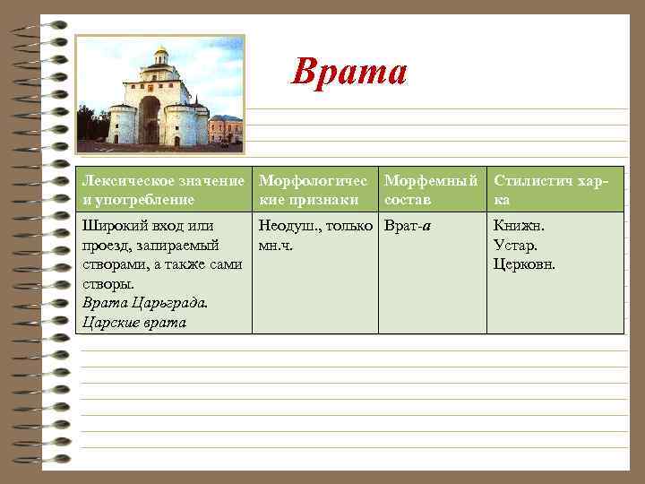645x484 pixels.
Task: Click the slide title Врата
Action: [x=349, y=71]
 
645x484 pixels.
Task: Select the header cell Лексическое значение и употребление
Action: [x=162, y=190]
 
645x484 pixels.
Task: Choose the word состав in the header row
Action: [x=407, y=198]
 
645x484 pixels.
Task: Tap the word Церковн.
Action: [x=524, y=264]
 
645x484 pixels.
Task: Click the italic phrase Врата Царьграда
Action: [x=144, y=303]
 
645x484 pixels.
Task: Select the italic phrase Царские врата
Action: [x=134, y=323]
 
